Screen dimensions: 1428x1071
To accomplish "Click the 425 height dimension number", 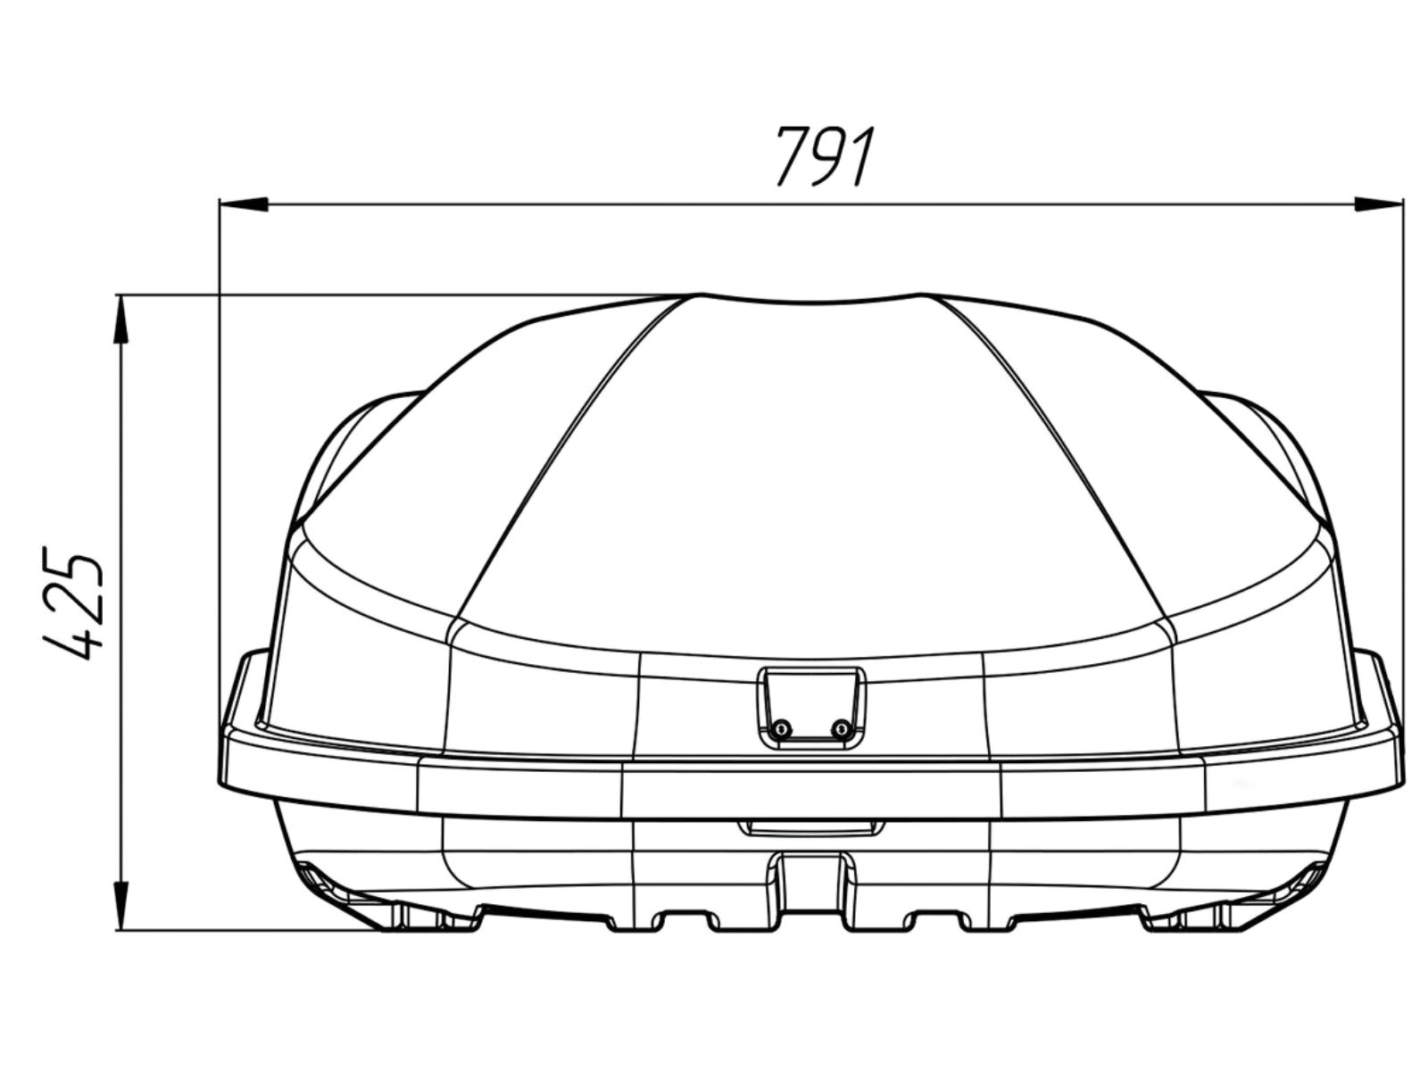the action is click(73, 608).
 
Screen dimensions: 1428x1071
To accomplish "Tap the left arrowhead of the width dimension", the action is click(244, 204).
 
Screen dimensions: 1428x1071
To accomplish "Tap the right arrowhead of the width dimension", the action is click(1378, 204).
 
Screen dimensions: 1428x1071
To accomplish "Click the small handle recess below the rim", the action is click(811, 828).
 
